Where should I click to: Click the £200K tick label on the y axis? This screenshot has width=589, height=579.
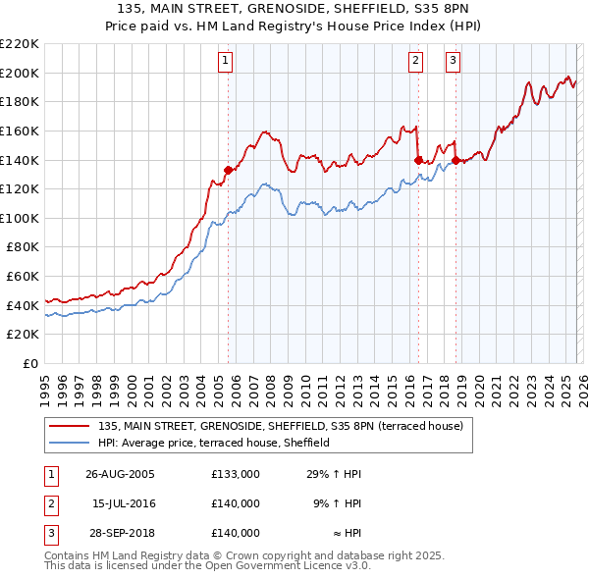20,73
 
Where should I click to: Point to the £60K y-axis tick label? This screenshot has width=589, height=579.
23,277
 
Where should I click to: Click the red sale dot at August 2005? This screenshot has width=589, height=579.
229,170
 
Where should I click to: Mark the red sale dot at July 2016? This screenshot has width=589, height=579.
418,160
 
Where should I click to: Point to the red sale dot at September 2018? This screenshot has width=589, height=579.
456,160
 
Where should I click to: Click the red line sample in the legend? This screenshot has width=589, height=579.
71,425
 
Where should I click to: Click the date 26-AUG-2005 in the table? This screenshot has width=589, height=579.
120,473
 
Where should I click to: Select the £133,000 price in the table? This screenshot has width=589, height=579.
236,473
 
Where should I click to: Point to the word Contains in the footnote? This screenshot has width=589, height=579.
69,555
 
